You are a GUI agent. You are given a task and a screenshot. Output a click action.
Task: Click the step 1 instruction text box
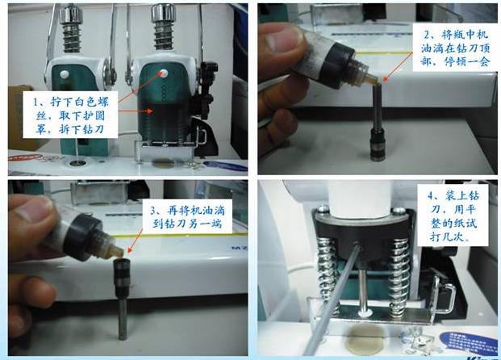coord(70,115)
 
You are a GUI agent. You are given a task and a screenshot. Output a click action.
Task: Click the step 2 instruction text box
coord(455,48)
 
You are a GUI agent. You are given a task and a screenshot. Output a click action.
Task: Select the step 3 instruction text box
coord(188,217)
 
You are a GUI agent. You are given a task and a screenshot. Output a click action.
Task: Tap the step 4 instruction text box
coord(453,216)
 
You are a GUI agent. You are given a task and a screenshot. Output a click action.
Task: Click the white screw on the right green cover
coord(163,73)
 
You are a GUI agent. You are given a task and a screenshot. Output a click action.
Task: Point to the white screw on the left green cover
coord(65,75)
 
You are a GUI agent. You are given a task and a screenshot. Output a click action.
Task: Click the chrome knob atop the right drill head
coord(163,13)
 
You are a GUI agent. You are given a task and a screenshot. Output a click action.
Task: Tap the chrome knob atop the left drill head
coord(71,14)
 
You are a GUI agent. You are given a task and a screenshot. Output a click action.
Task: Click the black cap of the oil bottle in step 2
coord(336,64)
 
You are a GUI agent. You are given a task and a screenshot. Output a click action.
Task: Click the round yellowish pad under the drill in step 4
coord(365,340)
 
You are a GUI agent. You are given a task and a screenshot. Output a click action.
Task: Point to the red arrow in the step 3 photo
coord(136,241)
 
